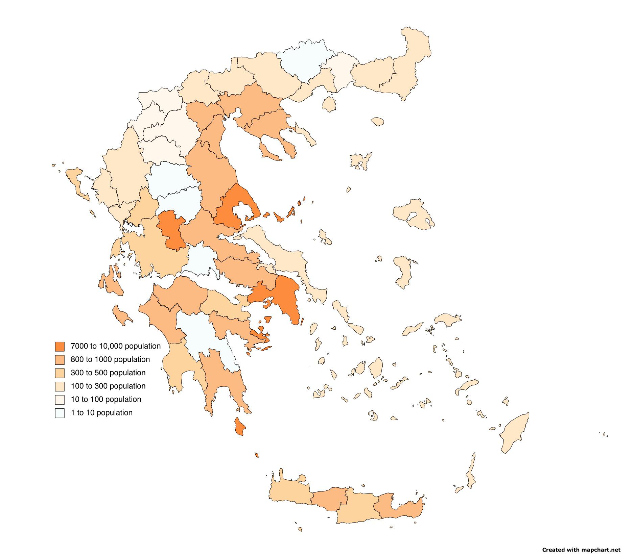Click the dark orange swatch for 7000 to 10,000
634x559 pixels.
[x=60, y=347]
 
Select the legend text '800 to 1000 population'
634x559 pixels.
[x=110, y=360]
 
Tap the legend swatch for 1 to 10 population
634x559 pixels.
[x=60, y=413]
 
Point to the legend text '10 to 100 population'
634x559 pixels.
[x=106, y=400]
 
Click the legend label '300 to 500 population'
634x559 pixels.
[x=108, y=373]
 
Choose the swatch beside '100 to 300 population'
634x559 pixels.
[x=60, y=386]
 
